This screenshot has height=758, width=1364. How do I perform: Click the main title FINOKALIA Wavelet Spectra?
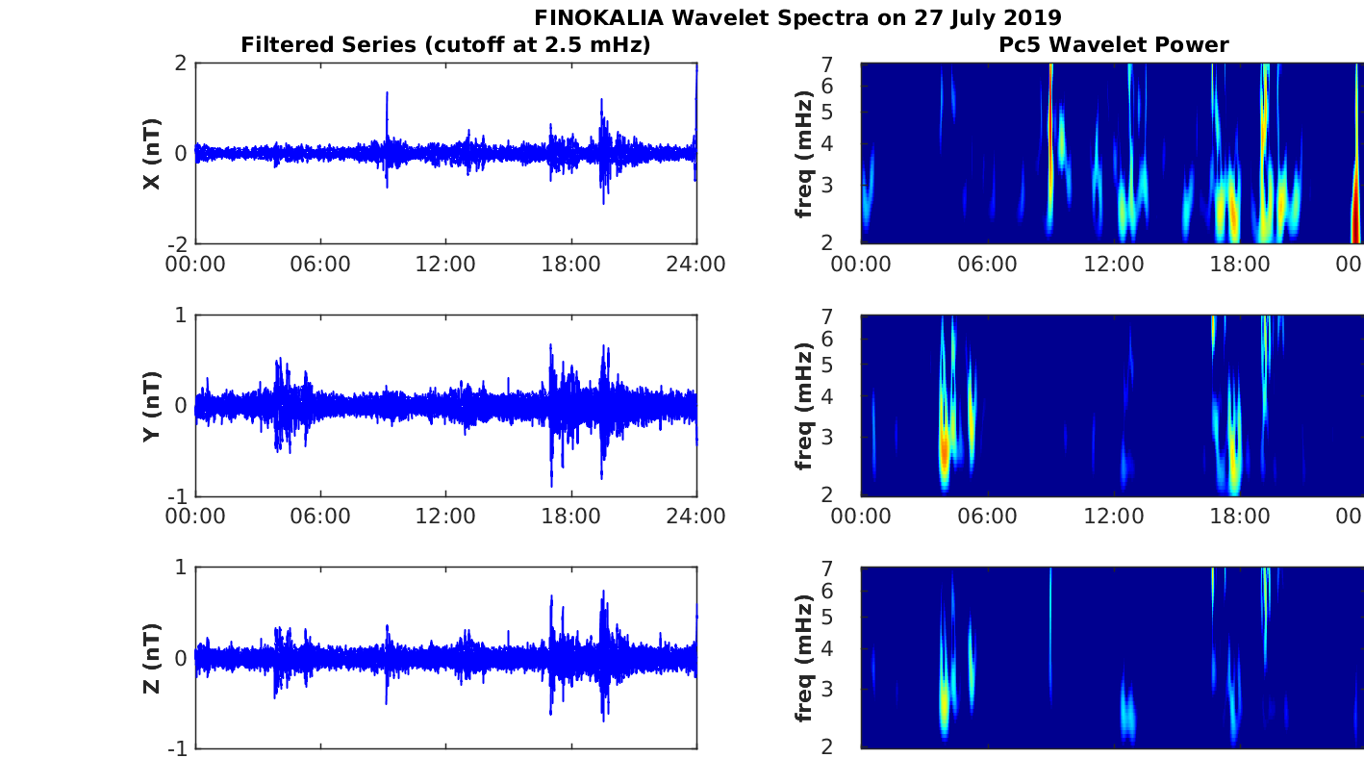click(797, 17)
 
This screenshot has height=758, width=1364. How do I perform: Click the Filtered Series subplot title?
click(445, 44)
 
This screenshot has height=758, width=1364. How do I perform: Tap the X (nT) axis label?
click(151, 154)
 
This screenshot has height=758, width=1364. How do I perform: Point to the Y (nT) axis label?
click(151, 406)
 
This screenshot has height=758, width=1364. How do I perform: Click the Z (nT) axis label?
click(151, 658)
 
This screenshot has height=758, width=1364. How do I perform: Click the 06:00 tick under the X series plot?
click(320, 264)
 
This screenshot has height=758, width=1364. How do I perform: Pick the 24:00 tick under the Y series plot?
click(695, 516)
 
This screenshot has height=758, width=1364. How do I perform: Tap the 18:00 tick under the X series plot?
click(571, 264)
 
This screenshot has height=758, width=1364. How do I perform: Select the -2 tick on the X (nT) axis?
click(177, 243)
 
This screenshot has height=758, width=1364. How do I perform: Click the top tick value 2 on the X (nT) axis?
click(181, 63)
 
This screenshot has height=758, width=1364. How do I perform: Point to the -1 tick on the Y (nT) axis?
click(177, 495)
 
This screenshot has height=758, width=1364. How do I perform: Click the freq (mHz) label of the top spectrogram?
click(805, 154)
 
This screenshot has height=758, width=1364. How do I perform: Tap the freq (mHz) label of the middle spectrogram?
click(805, 406)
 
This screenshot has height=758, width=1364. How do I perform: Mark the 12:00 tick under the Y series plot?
click(445, 516)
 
